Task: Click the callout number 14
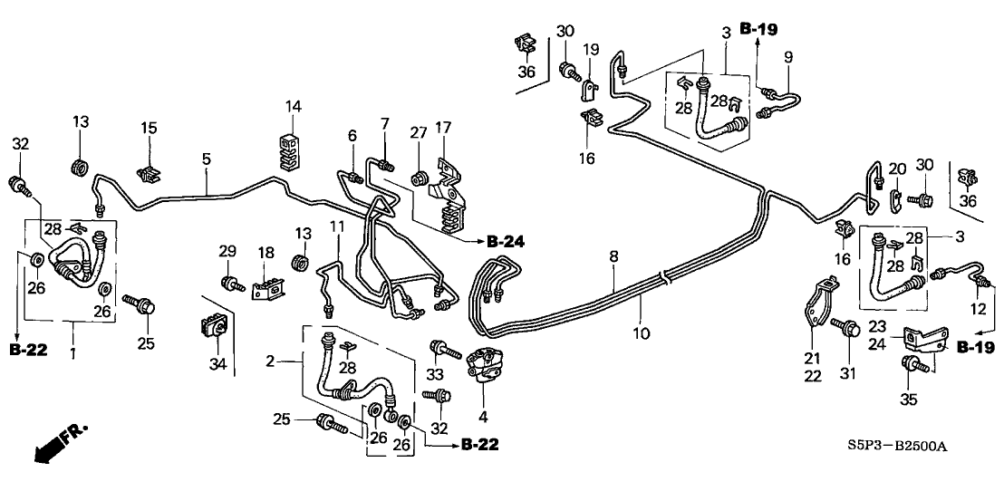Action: (293, 106)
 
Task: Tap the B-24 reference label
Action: (506, 241)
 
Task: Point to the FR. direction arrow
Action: (53, 446)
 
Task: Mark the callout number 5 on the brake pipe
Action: (207, 158)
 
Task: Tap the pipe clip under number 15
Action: (148, 173)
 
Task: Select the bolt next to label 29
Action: (233, 283)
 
